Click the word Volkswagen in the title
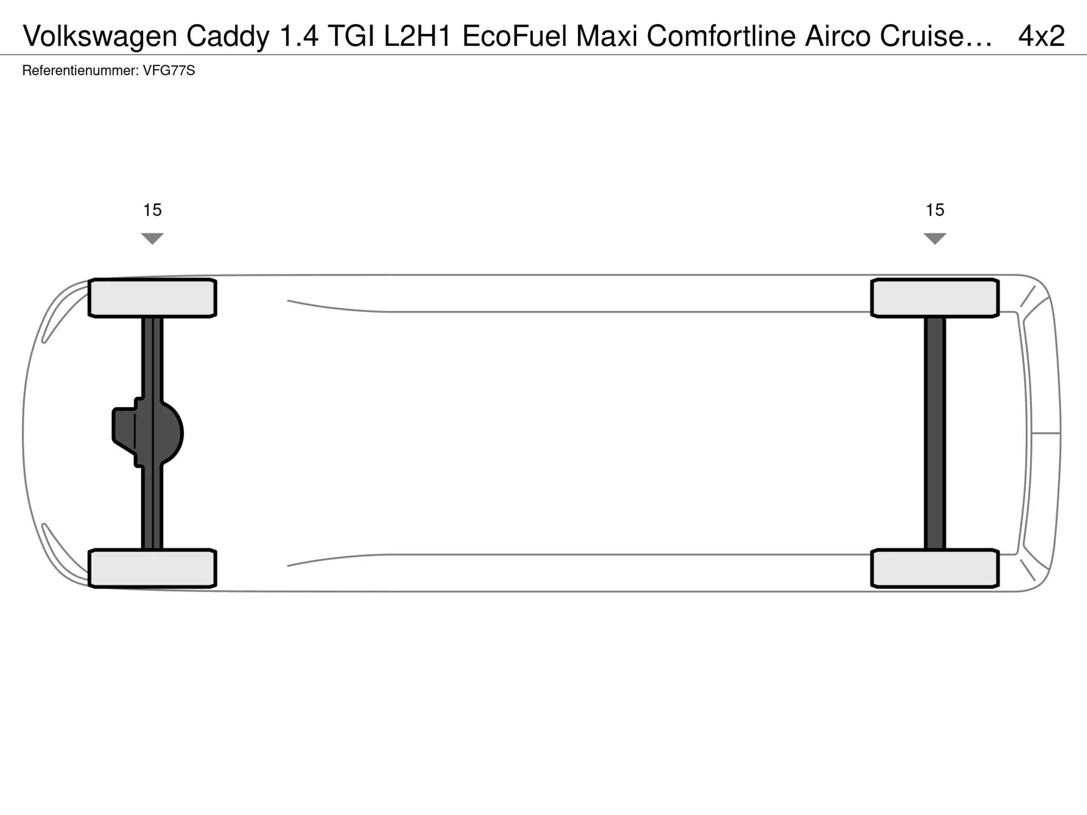coord(100,36)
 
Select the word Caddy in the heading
coord(228,36)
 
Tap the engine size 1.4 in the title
coord(299,36)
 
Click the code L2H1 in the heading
coord(418,36)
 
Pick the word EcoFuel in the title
coord(515,36)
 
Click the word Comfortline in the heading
coord(721,36)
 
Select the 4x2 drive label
coord(1041,36)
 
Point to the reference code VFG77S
coord(169,71)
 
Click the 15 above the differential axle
coord(152,210)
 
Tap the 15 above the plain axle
coord(935,210)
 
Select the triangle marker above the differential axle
coord(152,238)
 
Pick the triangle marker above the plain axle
coord(935,238)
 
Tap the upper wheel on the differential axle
coord(152,298)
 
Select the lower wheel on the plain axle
coord(935,568)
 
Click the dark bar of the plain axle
coord(935,433)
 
